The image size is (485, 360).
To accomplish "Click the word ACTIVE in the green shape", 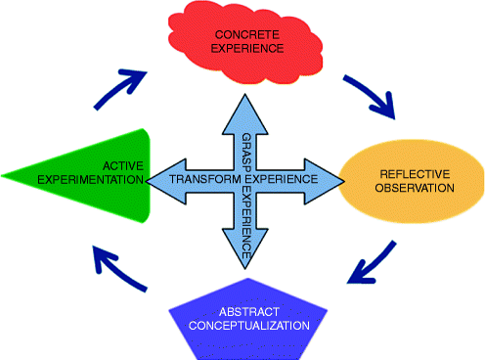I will tap(118, 165).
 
